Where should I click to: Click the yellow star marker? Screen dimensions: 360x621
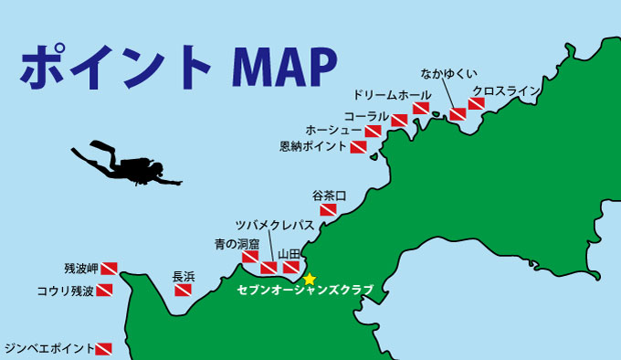[x=310, y=279]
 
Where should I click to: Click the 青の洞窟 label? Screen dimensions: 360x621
[x=237, y=244]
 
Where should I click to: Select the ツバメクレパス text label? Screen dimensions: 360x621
[x=274, y=225]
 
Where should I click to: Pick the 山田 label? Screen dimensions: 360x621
[x=289, y=253]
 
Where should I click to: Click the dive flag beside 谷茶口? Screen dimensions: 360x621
[x=328, y=209]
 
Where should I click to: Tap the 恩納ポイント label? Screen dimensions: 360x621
[x=312, y=146]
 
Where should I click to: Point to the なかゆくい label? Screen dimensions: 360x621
[x=448, y=73]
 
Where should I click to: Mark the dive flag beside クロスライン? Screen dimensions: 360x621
[x=476, y=104]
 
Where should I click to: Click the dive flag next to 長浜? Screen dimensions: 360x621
[x=183, y=291]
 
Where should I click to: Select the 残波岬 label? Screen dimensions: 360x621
[x=80, y=269]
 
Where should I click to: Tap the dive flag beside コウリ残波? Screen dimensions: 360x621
[x=105, y=291]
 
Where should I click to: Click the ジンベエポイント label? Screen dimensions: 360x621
[x=48, y=348]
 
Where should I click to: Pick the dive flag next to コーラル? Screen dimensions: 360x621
[x=399, y=120]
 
